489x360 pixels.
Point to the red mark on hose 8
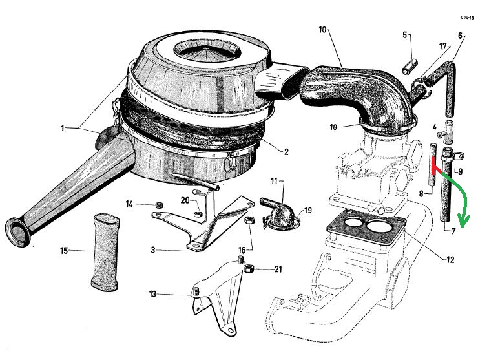(x=433, y=167)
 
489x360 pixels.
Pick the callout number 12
(x=450, y=260)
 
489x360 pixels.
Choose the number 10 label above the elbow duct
(x=322, y=30)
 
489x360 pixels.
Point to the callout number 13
(x=152, y=295)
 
